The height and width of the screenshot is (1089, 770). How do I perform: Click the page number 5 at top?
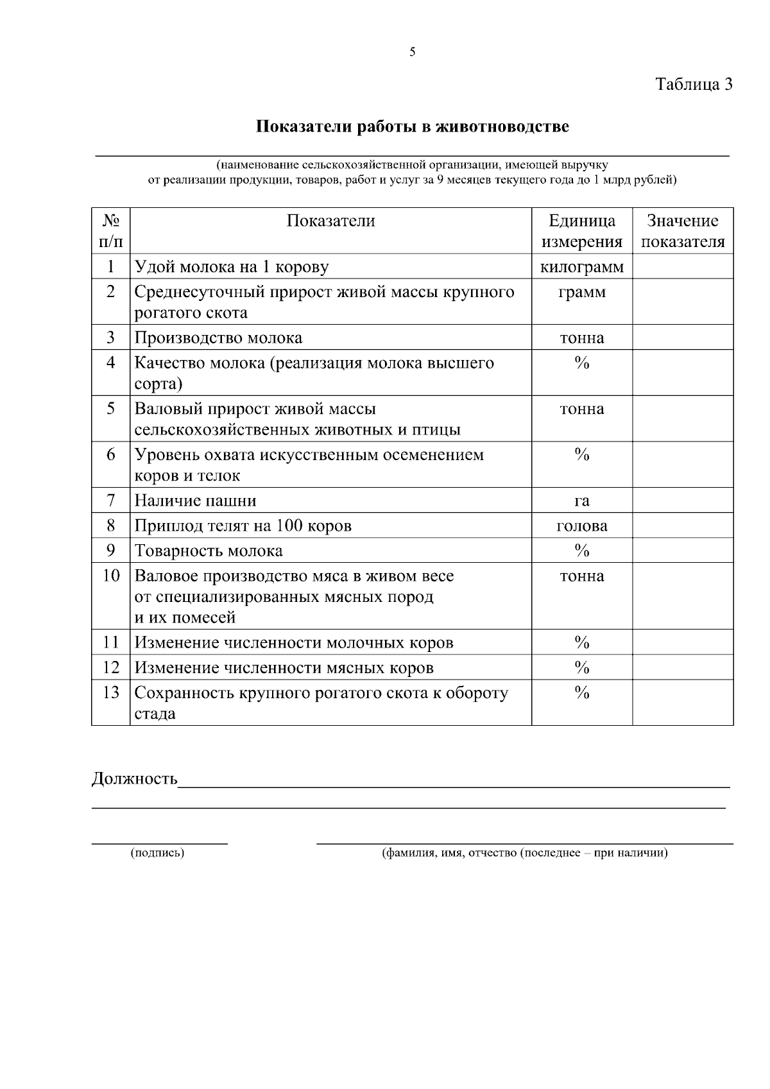coord(412,53)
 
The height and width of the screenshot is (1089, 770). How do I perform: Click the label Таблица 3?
coord(693,84)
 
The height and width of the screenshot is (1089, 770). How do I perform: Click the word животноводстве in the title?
coord(502,126)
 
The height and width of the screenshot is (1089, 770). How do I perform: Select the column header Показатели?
coord(330,221)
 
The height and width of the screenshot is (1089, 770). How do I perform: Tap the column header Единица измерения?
coord(582,231)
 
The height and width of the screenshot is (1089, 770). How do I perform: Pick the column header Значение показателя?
coord(683,231)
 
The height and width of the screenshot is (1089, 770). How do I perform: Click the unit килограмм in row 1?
coord(582,267)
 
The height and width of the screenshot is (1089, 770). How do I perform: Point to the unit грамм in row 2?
coord(582,292)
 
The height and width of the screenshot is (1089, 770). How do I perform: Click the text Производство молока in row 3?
coord(218,338)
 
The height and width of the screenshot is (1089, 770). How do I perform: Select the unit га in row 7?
coord(582,501)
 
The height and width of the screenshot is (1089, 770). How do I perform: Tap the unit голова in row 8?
coord(582,526)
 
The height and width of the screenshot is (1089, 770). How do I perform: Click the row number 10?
coord(111,576)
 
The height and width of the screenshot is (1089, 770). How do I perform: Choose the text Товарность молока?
coord(209,551)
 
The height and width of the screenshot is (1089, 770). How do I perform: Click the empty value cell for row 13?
coord(683,703)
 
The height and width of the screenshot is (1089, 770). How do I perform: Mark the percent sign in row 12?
coord(582,667)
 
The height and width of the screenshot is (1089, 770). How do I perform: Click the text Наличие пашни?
coord(195,501)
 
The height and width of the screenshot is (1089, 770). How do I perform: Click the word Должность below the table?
coord(135,779)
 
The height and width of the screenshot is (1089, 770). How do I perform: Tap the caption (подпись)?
coord(158,853)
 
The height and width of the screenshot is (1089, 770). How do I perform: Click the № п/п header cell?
coord(111,231)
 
